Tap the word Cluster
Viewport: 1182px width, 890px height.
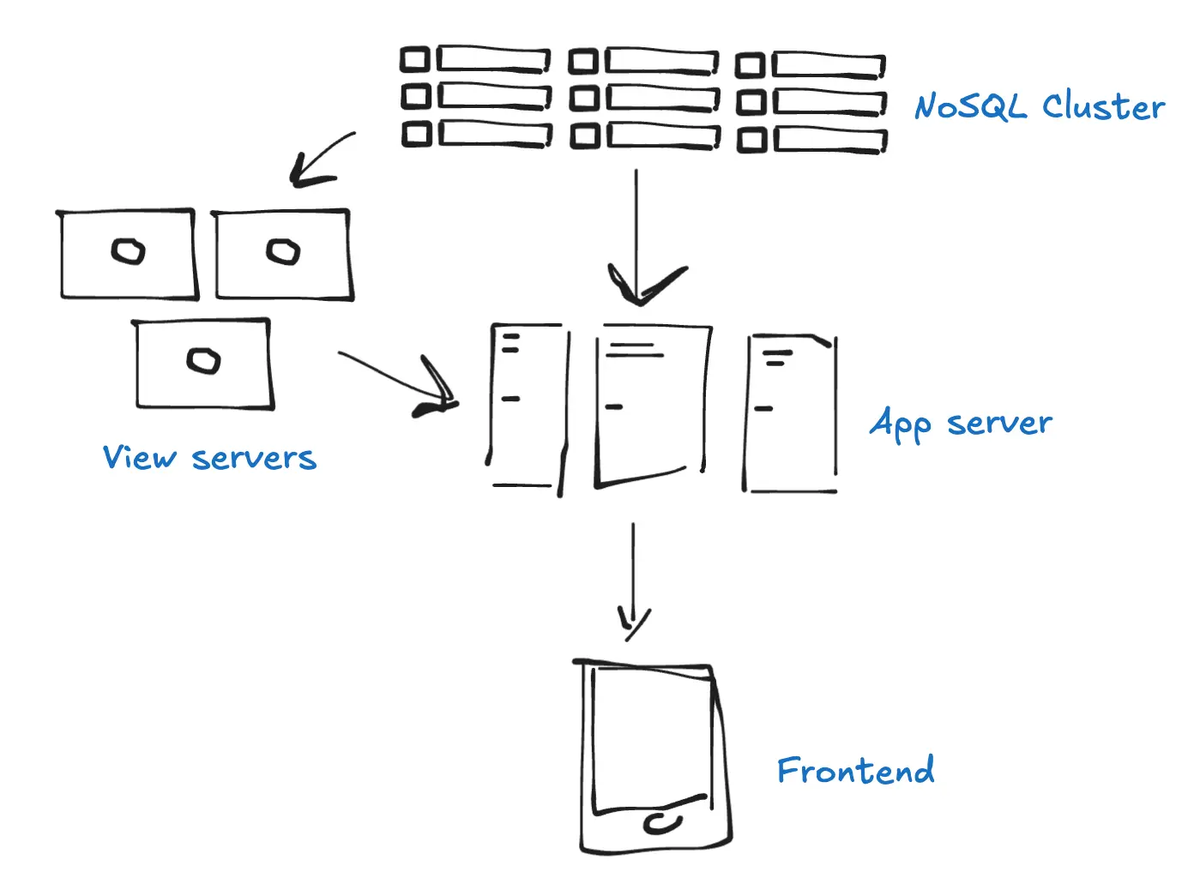[1103, 107]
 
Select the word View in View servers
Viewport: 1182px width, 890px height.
[139, 457]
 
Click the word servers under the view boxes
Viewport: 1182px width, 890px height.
[254, 459]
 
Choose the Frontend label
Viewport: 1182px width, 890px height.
[855, 771]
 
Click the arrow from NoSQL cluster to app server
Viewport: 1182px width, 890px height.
[636, 232]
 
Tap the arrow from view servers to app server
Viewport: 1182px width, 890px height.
[395, 377]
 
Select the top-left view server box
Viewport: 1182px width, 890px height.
[128, 255]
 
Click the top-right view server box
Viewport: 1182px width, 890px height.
[283, 255]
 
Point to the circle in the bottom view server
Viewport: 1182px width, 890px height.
[203, 360]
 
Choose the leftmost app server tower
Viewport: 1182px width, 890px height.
[527, 407]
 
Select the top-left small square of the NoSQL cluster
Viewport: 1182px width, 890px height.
[415, 59]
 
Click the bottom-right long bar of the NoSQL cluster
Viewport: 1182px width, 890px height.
[829, 140]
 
